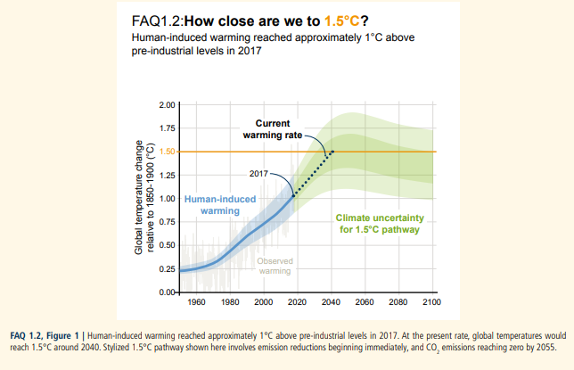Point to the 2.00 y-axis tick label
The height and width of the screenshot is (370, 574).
pos(166,105)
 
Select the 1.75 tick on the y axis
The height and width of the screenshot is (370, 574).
pos(166,128)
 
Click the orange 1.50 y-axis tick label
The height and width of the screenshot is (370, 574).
pos(166,152)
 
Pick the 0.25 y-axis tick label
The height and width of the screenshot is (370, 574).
pos(166,268)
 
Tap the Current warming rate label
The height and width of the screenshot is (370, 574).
pos(272,129)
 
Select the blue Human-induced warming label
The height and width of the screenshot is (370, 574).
pos(212,205)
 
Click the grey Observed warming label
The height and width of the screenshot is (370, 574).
pos(269,266)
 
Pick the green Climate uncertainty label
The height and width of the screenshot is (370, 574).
pos(379,223)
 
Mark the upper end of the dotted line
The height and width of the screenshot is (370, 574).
pos(333,152)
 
